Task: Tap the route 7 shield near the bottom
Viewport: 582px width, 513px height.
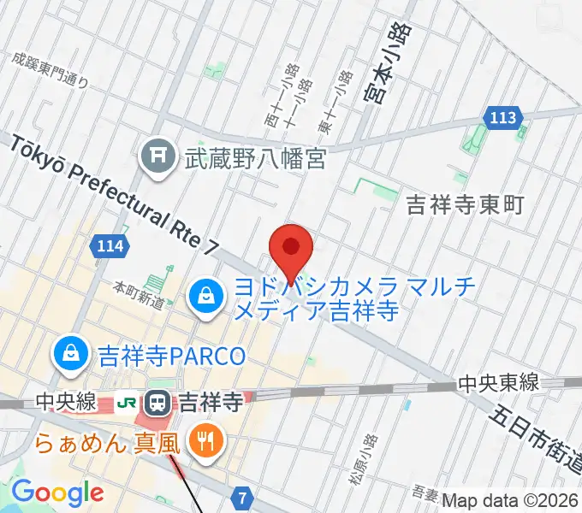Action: (x=244, y=497)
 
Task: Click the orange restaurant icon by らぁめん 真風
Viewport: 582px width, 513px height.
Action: (x=204, y=441)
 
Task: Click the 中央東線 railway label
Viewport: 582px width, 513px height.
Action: (x=496, y=385)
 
